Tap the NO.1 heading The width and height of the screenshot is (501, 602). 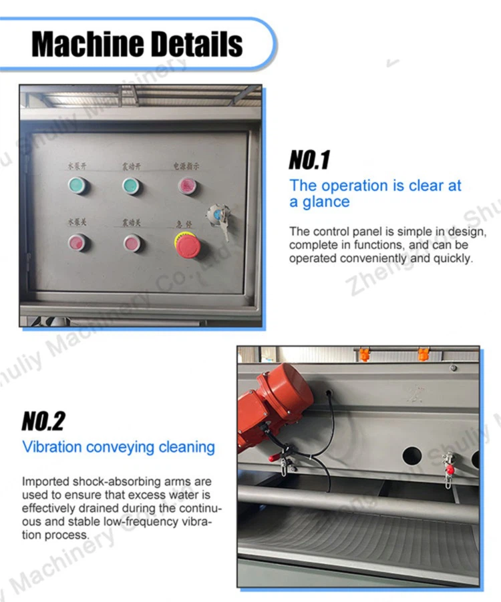coord(309,160)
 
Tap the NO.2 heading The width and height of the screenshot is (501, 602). coord(43,421)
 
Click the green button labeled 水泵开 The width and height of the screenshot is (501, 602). coord(78,186)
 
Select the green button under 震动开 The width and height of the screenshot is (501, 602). coord(132,186)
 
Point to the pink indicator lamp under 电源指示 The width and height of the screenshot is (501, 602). coord(185,186)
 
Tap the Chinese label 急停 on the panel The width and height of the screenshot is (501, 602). coord(184,224)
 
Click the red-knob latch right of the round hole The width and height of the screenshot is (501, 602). coord(449,465)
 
